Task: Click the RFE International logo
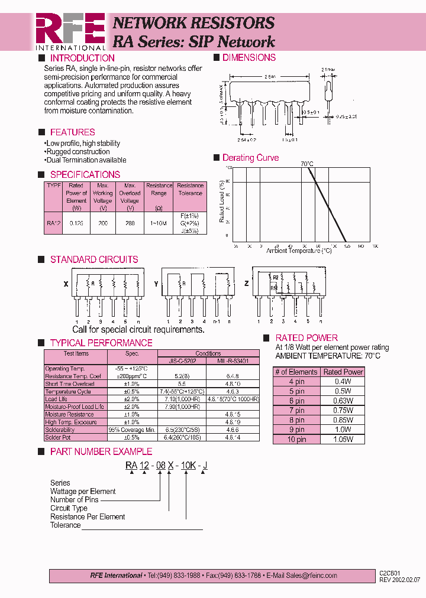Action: point(70,31)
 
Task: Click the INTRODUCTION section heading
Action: point(82,58)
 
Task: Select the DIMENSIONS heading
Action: point(248,57)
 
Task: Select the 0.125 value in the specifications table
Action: point(76,224)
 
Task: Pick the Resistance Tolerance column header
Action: point(190,189)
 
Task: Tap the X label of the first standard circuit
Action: point(66,284)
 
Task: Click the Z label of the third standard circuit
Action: point(247,284)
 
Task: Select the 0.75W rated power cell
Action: point(344,411)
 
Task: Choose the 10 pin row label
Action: point(297,440)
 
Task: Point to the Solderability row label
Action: point(60,430)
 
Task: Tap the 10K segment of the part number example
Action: point(188,466)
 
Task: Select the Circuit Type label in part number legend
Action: point(69,508)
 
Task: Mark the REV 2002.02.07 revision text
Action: point(399,580)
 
